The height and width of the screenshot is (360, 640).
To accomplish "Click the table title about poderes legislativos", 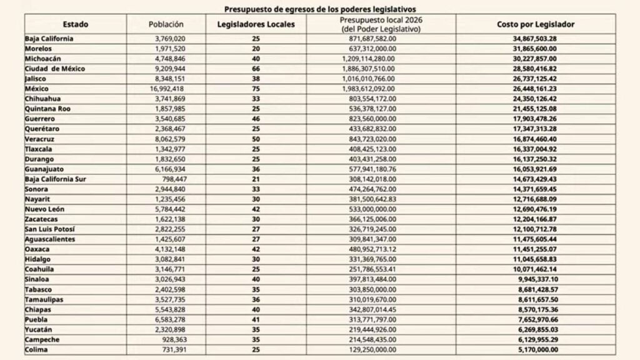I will coord(319,9).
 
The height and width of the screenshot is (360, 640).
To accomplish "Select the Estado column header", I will coord(75,24).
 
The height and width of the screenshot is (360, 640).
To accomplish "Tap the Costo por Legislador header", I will coord(536,24).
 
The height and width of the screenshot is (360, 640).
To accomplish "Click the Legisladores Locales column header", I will coord(256,24).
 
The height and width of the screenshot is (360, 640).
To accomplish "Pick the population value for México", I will coord(166,89).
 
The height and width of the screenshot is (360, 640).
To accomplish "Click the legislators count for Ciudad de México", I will coord(256,69).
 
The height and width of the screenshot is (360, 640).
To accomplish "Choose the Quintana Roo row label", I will coord(47,109).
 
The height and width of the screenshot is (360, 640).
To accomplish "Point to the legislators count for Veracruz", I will coord(256,139).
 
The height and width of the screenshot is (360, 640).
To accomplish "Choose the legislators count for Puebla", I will coord(256,319).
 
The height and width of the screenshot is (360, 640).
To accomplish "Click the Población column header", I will coord(166,24).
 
